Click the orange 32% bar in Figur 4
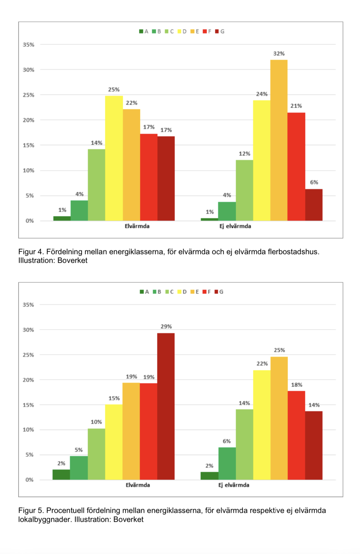coord(279,140)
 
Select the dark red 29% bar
coord(166,406)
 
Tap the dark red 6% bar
coord(314,205)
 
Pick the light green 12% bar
coord(244,190)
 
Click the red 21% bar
coord(296,166)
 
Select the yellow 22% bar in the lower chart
coord(262,425)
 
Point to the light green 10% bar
coord(96,454)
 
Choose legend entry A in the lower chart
coord(144,292)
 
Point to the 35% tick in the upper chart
coord(29,45)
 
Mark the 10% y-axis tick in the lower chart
coord(29,430)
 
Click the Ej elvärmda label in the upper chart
coord(235,226)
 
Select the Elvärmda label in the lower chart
coord(138,485)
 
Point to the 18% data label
coord(296,385)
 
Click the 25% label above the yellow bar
coord(114,90)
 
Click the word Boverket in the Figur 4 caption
coord(72,260)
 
